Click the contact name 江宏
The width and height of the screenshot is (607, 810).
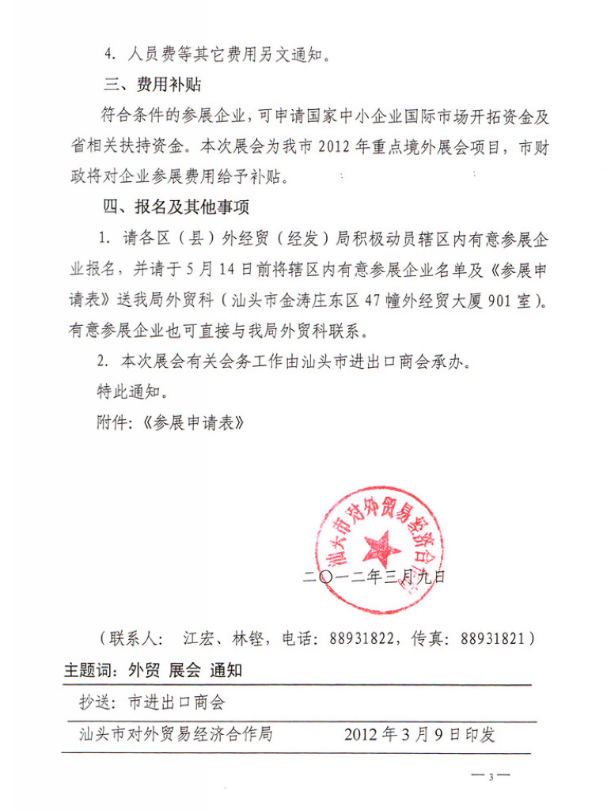click(198, 638)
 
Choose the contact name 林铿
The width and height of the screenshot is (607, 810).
click(248, 638)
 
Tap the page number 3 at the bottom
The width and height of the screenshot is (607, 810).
click(491, 777)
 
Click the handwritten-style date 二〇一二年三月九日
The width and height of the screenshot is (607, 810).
click(374, 577)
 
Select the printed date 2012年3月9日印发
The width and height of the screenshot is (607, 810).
click(419, 734)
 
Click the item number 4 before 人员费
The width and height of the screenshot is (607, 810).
click(109, 55)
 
